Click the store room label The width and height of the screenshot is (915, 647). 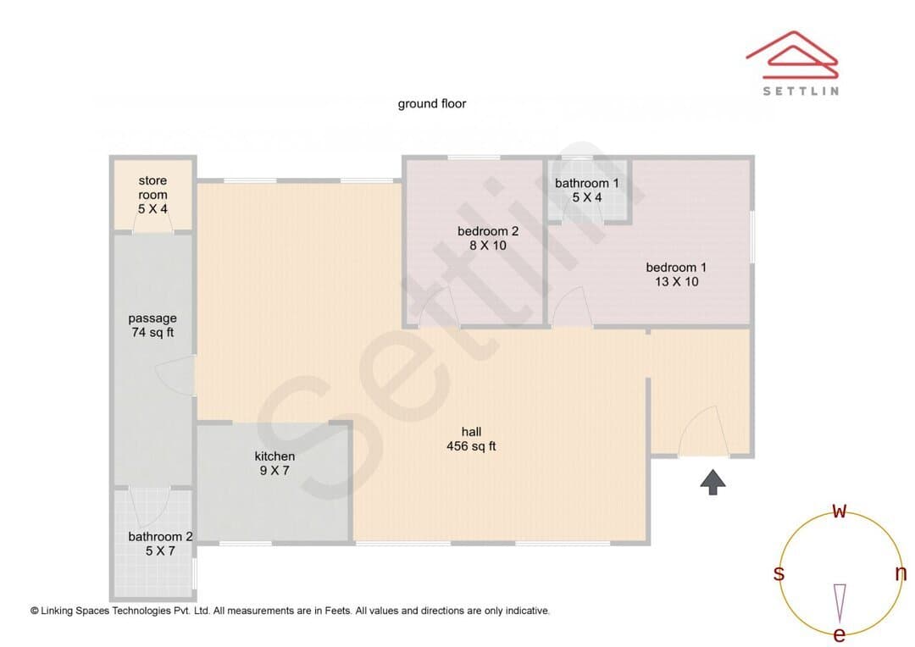(x=152, y=187)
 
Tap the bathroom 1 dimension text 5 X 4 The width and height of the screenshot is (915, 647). (x=586, y=197)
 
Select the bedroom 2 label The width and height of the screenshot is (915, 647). (x=488, y=231)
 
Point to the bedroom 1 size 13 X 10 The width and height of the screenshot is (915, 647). (x=676, y=281)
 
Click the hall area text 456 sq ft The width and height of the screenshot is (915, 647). (x=471, y=446)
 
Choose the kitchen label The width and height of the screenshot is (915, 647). (x=274, y=456)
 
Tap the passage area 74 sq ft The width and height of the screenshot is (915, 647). (x=152, y=333)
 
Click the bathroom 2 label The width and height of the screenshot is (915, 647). (x=160, y=537)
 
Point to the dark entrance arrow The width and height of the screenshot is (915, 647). (x=713, y=482)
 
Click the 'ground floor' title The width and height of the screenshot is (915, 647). (x=432, y=104)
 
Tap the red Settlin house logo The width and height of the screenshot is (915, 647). (x=792, y=55)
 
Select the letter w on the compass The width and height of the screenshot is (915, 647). (x=839, y=511)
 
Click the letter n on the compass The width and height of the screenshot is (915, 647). (x=901, y=573)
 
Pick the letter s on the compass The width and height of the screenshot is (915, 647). (x=779, y=573)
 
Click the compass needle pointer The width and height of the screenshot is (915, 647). (x=840, y=603)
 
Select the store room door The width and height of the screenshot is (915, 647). (x=152, y=219)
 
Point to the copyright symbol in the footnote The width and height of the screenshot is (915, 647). (x=35, y=611)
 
